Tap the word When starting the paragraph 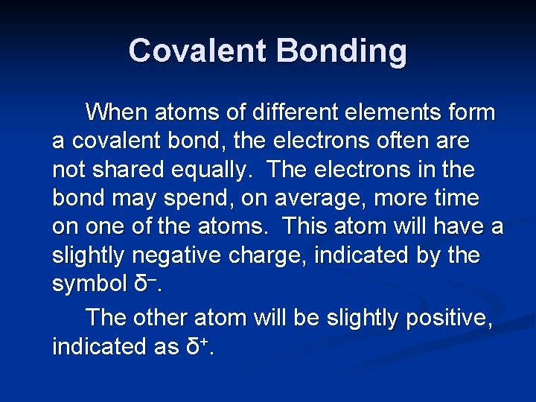(x=116, y=112)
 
